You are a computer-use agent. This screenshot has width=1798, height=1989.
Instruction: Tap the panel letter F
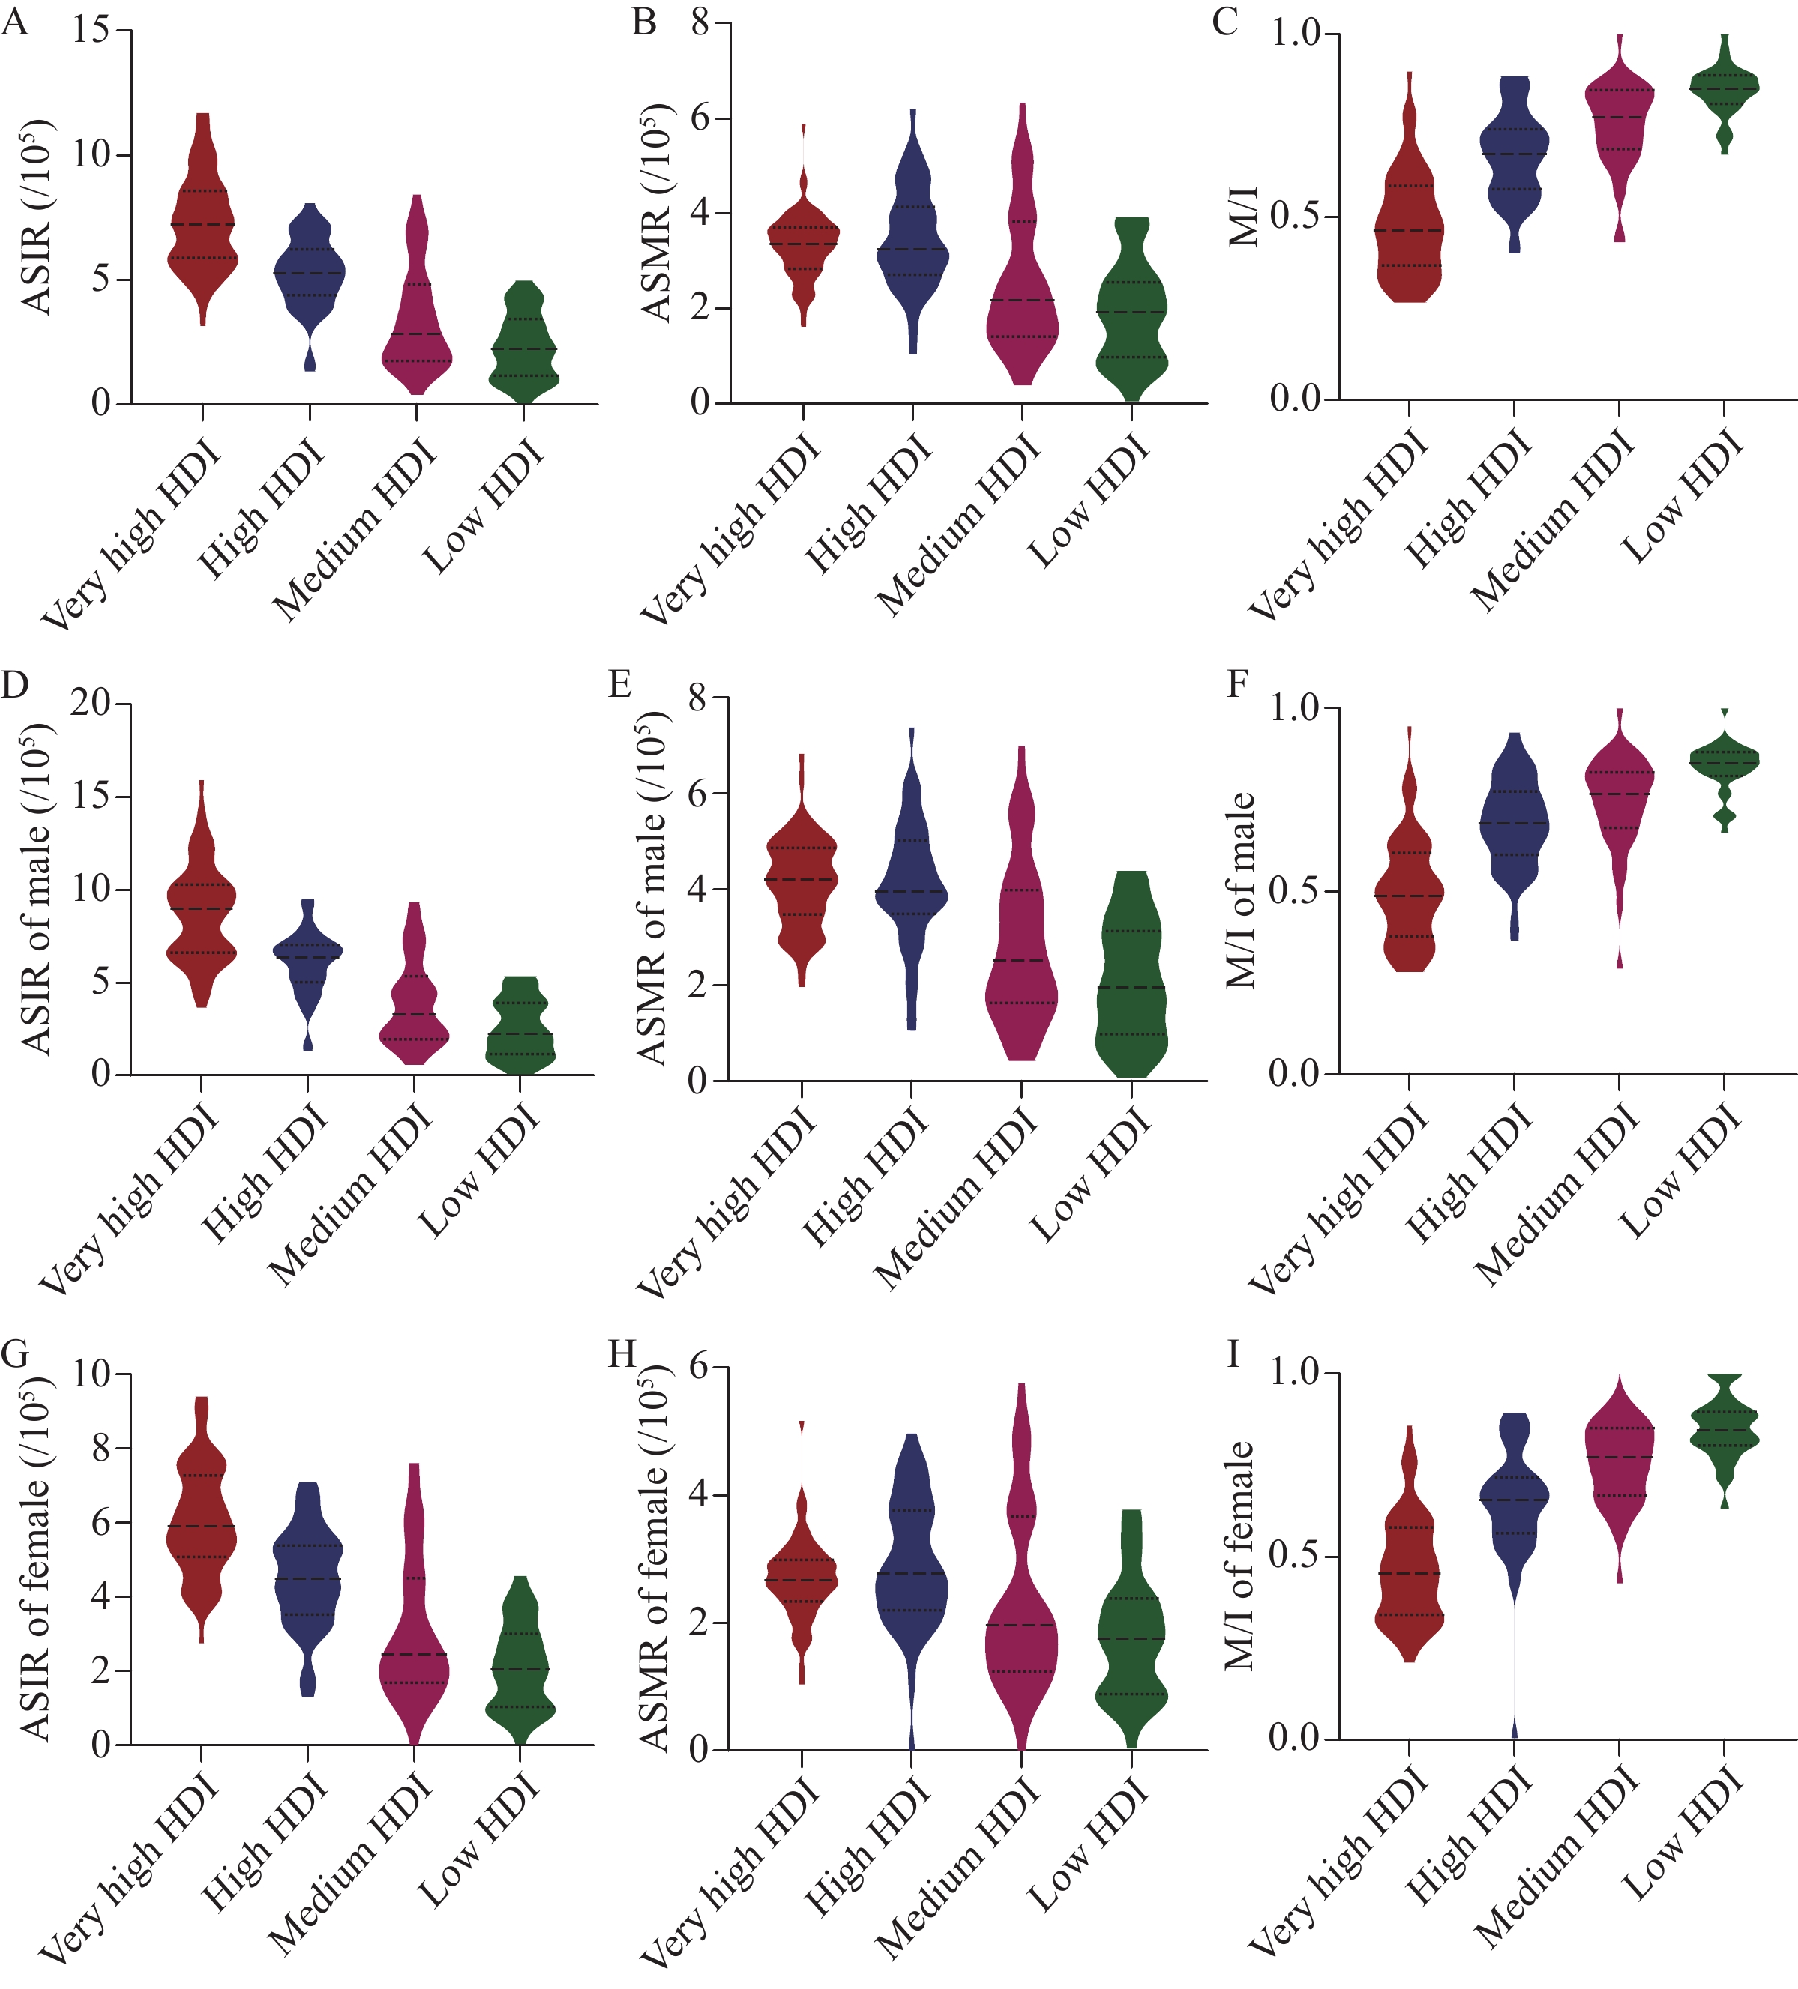(x=1237, y=683)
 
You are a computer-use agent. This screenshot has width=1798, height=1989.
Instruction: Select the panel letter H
(x=622, y=1355)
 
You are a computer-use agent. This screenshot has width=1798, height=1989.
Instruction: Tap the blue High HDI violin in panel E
(x=912, y=888)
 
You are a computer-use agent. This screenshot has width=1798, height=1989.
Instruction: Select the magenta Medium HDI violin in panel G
(x=415, y=1658)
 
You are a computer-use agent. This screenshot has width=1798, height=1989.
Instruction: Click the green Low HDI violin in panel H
(x=1131, y=1638)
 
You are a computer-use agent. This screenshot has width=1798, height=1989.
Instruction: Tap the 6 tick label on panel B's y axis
(x=700, y=118)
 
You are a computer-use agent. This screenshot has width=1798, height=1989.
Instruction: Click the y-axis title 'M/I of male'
(x=1242, y=890)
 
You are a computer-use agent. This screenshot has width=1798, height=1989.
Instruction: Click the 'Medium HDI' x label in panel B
(x=957, y=528)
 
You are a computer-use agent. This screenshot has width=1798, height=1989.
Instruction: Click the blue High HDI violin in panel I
(x=1514, y=1500)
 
